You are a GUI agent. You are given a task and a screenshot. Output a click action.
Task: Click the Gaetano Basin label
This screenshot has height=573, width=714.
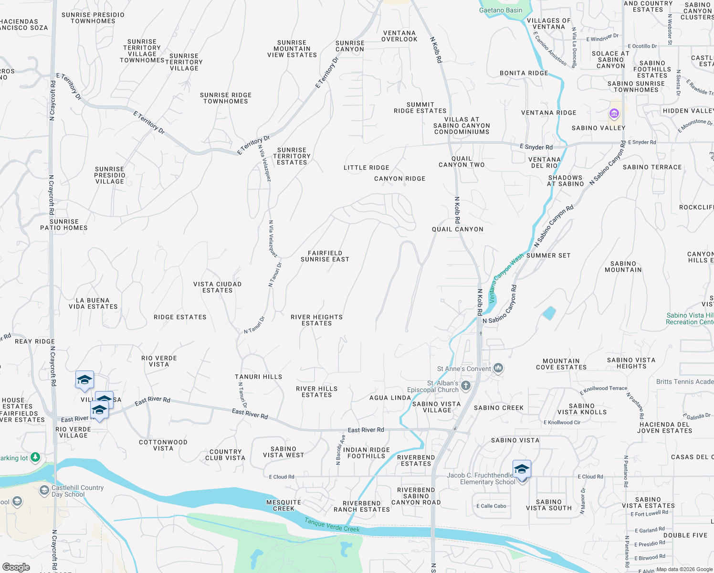click(501, 10)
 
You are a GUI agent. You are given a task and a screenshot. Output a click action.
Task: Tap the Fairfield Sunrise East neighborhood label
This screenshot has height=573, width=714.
click(325, 256)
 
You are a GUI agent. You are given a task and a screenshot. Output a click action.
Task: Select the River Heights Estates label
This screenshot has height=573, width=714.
click(316, 320)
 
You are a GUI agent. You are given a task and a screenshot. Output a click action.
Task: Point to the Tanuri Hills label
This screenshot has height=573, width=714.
click(258, 377)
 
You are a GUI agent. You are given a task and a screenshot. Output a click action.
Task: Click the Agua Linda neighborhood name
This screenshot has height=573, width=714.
click(390, 398)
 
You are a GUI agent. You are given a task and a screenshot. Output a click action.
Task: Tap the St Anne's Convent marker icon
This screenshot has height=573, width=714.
click(498, 368)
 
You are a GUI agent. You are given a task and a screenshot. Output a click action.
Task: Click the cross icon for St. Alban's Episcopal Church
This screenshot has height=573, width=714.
click(466, 385)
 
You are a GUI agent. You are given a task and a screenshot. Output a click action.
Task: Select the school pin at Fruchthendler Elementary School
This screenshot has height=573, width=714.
click(522, 469)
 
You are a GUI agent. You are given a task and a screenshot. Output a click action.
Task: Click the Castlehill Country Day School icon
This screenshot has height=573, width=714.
click(44, 490)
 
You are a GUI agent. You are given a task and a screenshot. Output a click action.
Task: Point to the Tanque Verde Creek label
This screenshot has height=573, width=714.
click(332, 525)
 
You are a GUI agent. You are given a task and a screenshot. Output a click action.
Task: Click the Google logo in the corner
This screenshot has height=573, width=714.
click(16, 567)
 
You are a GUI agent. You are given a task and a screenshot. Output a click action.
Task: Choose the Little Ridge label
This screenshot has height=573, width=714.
click(366, 168)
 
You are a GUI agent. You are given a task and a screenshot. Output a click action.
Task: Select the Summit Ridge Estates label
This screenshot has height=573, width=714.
click(420, 108)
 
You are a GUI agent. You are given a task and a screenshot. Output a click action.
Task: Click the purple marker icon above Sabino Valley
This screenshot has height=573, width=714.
click(614, 114)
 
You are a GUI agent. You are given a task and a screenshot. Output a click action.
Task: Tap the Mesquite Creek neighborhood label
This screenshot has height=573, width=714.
click(283, 505)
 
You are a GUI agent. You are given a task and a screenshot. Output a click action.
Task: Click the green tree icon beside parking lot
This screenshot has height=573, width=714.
click(35, 457)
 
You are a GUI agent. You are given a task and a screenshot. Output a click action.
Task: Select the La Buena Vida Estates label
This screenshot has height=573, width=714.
click(93, 304)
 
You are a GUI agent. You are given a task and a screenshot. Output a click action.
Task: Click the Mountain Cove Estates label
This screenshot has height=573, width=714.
click(561, 364)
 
